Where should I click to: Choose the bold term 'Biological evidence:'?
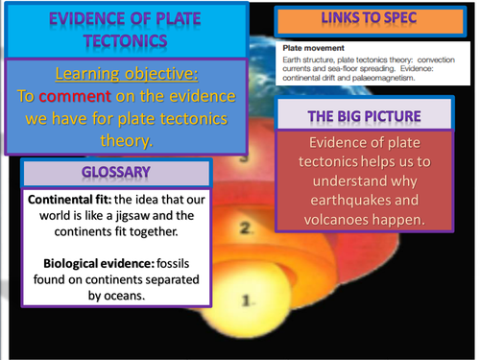coord(89,262)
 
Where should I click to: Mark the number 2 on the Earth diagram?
coord(247,228)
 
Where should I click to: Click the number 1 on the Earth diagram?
coord(247,300)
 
